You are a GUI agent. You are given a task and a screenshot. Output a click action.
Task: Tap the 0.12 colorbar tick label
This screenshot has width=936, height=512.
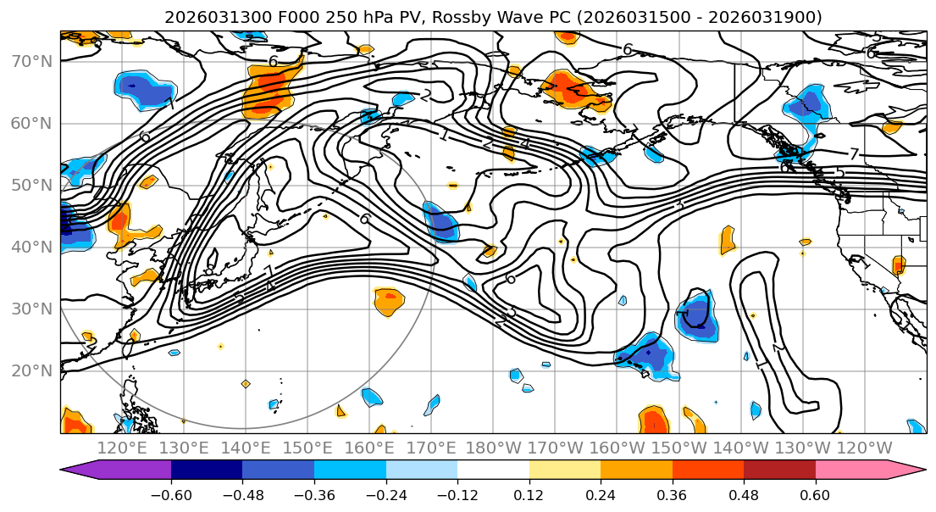pyautogui.click(x=529, y=493)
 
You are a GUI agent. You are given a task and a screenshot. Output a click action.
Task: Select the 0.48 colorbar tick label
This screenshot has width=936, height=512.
pyautogui.click(x=744, y=493)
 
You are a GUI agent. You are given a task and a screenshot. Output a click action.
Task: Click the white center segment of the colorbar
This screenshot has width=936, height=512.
pyautogui.click(x=493, y=470)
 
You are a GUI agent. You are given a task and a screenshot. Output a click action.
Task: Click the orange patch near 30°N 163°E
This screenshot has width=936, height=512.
pyautogui.click(x=389, y=300)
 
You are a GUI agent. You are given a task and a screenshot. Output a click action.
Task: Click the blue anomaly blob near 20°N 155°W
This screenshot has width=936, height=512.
pyautogui.click(x=647, y=356)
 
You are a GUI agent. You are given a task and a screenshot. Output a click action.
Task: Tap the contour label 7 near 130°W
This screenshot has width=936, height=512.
pyautogui.click(x=854, y=153)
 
